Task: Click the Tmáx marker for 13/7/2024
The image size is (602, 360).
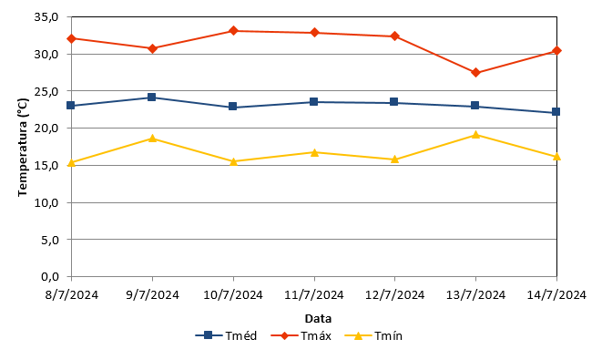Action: click(475, 73)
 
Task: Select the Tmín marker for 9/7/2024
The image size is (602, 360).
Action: click(152, 139)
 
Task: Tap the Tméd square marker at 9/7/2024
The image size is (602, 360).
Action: click(152, 97)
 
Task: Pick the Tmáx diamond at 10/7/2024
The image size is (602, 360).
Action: click(233, 31)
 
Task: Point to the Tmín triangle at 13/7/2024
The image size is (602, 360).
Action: click(475, 135)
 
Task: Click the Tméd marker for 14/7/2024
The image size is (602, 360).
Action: click(556, 112)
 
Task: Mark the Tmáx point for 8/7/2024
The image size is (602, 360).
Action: click(71, 38)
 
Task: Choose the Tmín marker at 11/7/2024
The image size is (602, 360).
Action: click(314, 152)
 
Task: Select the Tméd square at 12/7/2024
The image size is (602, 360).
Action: click(394, 102)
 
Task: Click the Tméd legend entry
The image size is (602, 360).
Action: click(226, 335)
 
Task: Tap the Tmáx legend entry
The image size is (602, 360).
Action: click(301, 335)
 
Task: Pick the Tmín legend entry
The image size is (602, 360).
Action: click(373, 335)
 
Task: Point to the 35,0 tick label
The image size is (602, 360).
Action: click(46, 17)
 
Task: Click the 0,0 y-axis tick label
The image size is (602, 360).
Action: click(49, 276)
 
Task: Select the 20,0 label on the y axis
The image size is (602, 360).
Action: click(46, 128)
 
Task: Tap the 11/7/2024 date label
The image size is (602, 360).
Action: click(313, 295)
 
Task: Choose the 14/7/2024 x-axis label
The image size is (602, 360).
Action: click(556, 295)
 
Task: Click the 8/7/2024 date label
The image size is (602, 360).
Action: click(71, 295)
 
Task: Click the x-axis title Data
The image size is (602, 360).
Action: click(318, 318)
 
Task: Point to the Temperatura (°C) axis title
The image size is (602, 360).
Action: click(23, 147)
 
